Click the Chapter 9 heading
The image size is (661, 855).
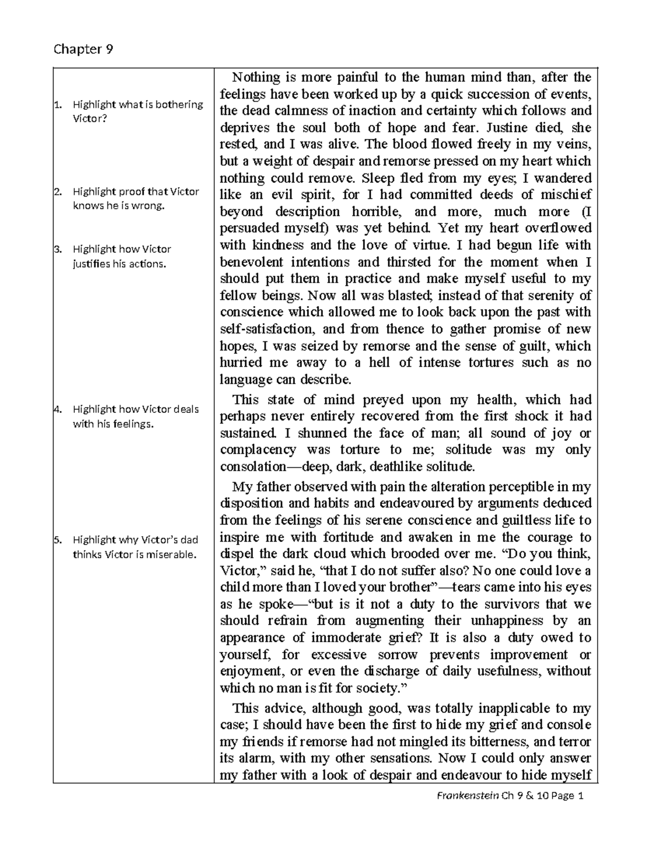pyautogui.click(x=83, y=50)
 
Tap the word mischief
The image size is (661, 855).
pyautogui.click(x=566, y=195)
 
